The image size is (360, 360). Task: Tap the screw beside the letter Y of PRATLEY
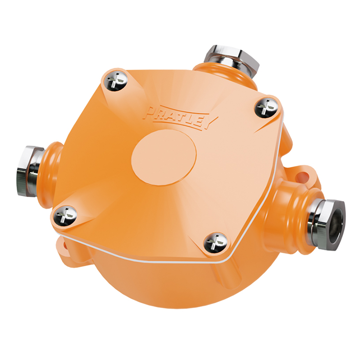pyautogui.click(x=266, y=107)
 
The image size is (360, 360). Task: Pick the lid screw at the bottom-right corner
pyautogui.click(x=216, y=242)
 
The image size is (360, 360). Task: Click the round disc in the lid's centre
pyautogui.click(x=164, y=156)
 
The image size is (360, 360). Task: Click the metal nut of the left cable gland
pyautogui.click(x=29, y=170)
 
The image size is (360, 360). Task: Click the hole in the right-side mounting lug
pyautogui.click(x=306, y=173)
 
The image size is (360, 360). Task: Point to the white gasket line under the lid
pyautogui.click(x=146, y=257)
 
